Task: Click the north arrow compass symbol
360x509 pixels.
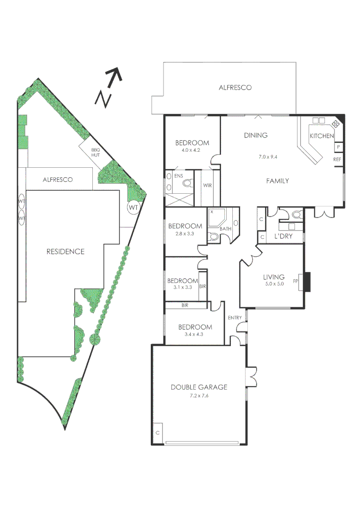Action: (x=109, y=87)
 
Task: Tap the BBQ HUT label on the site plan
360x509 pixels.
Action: (x=96, y=152)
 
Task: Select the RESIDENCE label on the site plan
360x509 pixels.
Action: (x=65, y=252)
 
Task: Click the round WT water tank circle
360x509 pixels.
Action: (x=134, y=207)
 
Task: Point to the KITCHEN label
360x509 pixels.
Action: (x=321, y=136)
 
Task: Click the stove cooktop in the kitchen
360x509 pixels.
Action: (x=336, y=124)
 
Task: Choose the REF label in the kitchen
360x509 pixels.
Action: (x=337, y=160)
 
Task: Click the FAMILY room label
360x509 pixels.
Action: (x=277, y=181)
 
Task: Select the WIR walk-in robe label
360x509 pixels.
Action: (x=207, y=185)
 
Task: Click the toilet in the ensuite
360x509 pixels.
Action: (x=187, y=184)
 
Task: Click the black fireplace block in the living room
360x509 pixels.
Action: (x=306, y=282)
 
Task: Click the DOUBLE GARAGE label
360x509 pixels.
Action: (x=199, y=387)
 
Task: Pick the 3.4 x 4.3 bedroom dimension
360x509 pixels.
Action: (x=195, y=335)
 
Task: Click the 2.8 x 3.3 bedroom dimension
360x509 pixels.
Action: (x=185, y=233)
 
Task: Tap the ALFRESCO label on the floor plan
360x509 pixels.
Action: (x=235, y=88)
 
